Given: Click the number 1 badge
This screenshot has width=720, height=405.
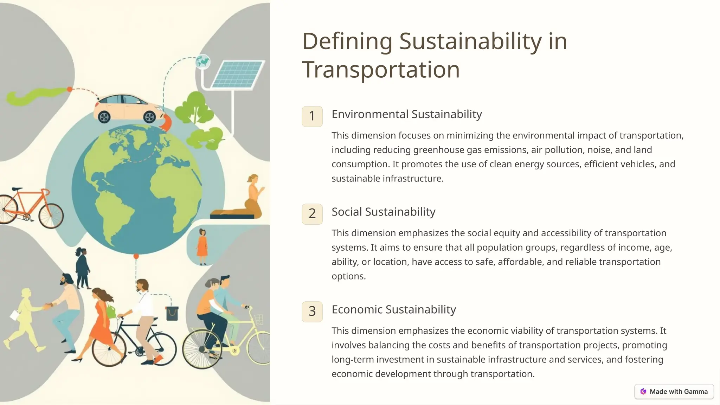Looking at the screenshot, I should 312,116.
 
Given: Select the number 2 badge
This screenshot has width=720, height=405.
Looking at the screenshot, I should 312,214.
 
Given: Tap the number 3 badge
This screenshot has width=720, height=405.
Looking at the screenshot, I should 312,311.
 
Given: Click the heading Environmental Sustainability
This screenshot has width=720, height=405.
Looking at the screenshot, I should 406,114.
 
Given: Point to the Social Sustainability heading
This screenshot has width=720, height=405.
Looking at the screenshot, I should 383,212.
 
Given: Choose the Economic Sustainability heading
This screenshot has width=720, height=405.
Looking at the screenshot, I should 393,309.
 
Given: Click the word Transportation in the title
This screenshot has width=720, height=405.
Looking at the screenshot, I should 381,70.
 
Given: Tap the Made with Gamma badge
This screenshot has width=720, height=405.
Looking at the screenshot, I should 674,392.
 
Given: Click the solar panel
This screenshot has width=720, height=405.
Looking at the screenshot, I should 238,74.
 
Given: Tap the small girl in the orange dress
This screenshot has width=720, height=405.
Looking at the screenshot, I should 202,246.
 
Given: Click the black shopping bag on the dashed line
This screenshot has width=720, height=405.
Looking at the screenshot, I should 172,313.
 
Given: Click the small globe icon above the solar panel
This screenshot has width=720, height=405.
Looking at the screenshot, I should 203,62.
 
